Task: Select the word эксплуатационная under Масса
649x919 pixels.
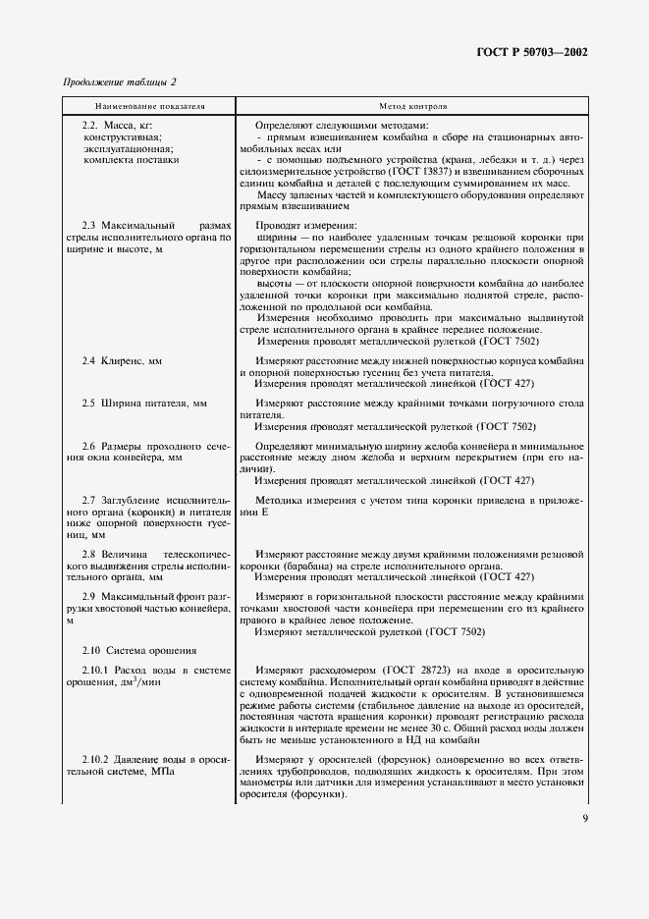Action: [124, 147]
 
